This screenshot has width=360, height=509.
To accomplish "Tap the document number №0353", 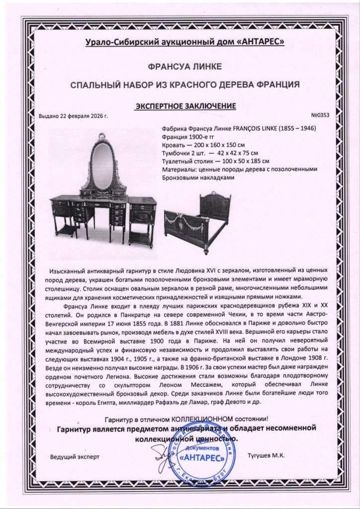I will click(320, 115).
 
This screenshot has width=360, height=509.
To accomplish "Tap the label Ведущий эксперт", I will click(75, 456).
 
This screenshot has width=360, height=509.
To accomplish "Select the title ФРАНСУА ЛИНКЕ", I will click(180, 66).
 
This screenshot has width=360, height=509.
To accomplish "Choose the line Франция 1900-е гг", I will click(189, 135).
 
